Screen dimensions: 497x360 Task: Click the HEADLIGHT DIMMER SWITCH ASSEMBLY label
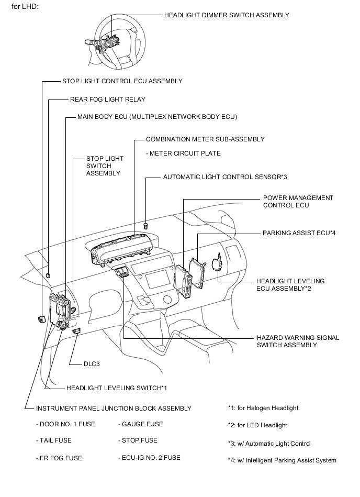click(x=227, y=15)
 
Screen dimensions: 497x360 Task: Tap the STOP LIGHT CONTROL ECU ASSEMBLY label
click(x=122, y=81)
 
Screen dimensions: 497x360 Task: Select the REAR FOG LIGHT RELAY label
click(x=107, y=99)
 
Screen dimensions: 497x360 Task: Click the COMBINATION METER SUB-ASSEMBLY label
click(x=205, y=139)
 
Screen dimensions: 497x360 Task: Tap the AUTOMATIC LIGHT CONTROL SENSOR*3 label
click(x=225, y=177)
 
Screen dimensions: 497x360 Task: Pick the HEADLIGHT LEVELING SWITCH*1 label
click(x=116, y=388)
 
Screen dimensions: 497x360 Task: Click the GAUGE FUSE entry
click(x=140, y=424)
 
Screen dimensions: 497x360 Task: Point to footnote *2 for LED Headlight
click(x=257, y=425)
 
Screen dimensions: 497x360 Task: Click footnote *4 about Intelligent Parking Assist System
click(x=282, y=460)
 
